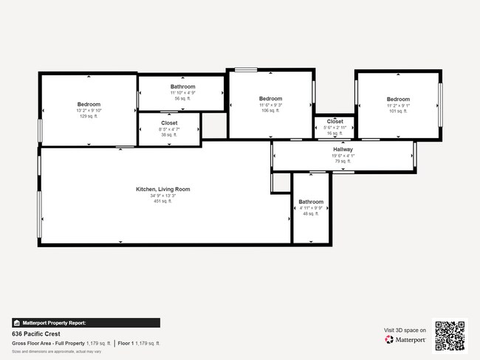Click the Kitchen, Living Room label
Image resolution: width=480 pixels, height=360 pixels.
tap(162, 189)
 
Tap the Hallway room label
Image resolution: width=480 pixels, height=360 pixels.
tap(343, 150)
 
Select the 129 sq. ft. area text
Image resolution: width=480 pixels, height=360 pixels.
tap(89, 116)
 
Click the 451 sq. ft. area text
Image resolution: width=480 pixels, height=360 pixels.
tap(162, 201)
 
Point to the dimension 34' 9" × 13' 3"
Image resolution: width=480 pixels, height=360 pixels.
tap(162, 195)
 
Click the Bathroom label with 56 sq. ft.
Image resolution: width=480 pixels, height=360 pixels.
tap(182, 87)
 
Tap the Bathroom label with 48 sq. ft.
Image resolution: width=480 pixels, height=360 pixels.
tap(311, 201)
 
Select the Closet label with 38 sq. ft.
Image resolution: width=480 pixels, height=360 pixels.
tap(168, 123)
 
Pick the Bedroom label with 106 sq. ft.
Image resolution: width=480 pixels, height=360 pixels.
tap(270, 99)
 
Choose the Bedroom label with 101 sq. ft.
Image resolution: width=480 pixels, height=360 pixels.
tap(398, 100)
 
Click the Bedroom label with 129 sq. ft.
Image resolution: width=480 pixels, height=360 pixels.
tap(89, 105)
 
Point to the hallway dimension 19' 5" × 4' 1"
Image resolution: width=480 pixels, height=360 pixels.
tap(343, 156)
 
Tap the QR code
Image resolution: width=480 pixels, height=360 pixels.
tap(450, 335)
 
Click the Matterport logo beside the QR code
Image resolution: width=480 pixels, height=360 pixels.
tap(405, 340)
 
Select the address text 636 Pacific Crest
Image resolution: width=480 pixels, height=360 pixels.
tap(35, 333)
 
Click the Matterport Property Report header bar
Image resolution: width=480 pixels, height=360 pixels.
tap(86, 322)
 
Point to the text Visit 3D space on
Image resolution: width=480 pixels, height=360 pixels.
tap(405, 330)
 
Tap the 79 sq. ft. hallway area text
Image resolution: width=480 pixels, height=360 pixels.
tap(343, 161)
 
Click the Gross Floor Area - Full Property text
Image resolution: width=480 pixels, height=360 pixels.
tap(48, 344)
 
